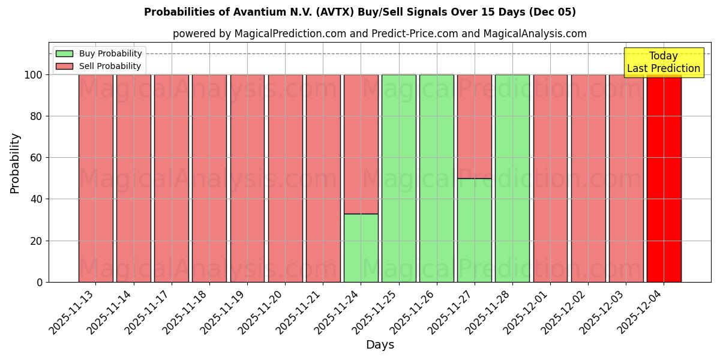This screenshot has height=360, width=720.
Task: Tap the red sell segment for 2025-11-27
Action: tap(474, 126)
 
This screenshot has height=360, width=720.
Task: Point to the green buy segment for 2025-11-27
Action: tap(474, 230)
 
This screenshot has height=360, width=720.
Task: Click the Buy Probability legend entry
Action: tap(110, 54)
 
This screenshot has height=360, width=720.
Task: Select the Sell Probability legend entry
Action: tap(110, 67)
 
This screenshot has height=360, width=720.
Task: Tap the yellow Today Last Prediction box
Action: tap(663, 62)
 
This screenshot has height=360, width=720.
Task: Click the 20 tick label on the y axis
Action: tap(37, 241)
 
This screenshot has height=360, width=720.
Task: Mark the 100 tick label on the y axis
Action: tap(34, 75)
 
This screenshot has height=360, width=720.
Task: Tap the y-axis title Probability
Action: tap(15, 163)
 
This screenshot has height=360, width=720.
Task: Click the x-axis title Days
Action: tap(380, 345)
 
